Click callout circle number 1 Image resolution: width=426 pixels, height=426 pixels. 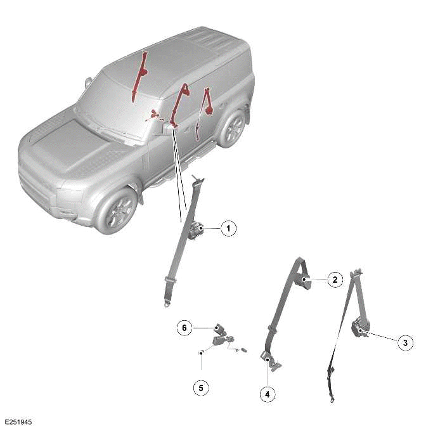tap(228, 228)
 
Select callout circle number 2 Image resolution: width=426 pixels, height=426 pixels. tap(334, 279)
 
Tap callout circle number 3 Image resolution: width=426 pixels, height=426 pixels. tap(404, 343)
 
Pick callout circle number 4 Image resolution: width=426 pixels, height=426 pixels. tap(268, 394)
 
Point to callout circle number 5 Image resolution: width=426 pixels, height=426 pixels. tap(201, 386)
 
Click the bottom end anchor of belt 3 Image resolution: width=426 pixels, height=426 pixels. tap(332, 399)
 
